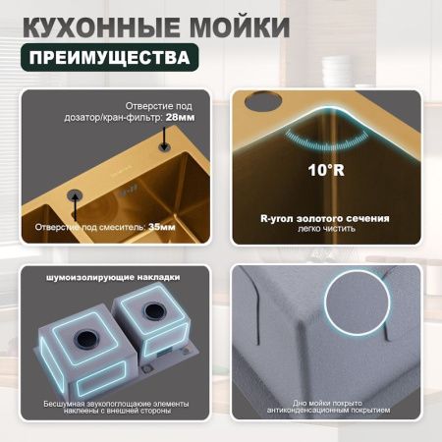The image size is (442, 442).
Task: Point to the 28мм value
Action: coord(192,117)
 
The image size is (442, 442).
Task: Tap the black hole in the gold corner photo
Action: coord(263,103)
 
